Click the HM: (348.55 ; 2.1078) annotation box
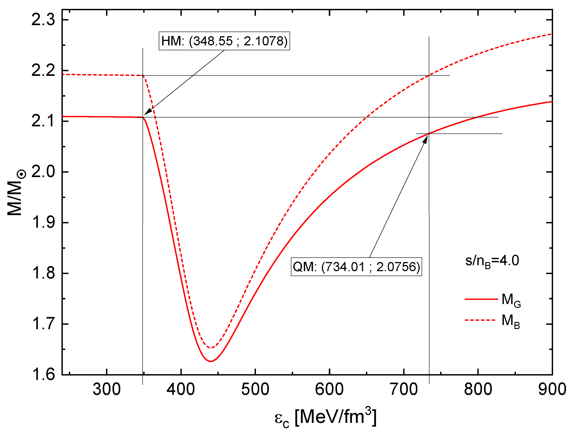[x=224, y=41]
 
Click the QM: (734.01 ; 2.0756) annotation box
[x=356, y=266]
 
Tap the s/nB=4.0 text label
[x=492, y=261]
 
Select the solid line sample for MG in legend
[x=481, y=299]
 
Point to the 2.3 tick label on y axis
[x=43, y=20]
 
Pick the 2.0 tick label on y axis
[x=43, y=172]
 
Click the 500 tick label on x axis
[x=255, y=389]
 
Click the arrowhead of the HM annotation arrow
[x=145, y=113]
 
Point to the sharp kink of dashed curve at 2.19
[x=143, y=76]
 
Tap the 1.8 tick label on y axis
[x=43, y=273]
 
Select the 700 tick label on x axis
[x=404, y=389]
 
